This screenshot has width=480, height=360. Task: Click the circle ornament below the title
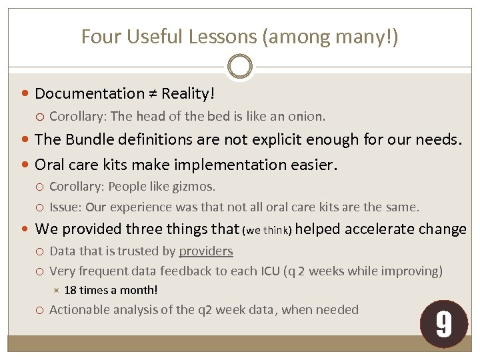(239, 67)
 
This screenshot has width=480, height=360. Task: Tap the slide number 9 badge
(443, 324)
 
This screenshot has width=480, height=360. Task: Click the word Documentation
(89, 93)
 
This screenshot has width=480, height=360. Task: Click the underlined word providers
(206, 251)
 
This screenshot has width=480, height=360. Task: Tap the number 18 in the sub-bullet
(71, 290)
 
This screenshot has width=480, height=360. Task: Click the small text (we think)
(266, 231)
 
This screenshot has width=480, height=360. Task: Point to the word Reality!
(187, 93)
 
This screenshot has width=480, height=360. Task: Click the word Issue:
(65, 207)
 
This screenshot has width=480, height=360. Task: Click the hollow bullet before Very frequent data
(41, 271)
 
